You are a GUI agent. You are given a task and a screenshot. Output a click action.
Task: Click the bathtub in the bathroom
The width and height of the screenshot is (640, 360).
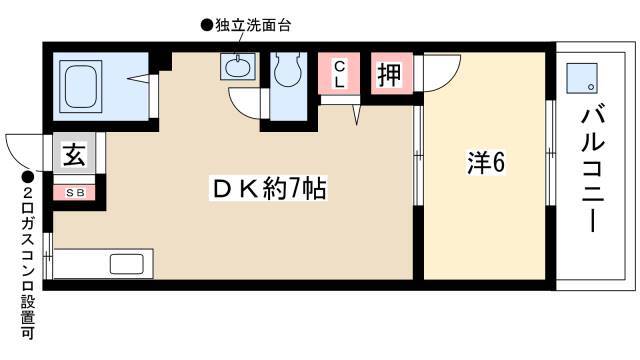click(80, 86)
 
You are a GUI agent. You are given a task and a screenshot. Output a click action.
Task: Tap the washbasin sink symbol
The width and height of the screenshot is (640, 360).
click(238, 67)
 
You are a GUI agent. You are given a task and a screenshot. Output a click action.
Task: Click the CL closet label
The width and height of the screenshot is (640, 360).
click(339, 74)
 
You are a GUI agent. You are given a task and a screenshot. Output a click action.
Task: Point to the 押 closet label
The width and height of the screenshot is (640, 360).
click(390, 74)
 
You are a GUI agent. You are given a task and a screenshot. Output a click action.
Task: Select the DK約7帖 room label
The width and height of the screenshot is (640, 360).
click(269, 188)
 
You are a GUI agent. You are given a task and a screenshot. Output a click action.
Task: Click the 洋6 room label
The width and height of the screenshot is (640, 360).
click(486, 162)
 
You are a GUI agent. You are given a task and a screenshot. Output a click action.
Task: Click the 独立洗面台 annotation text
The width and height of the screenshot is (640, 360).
click(253, 26)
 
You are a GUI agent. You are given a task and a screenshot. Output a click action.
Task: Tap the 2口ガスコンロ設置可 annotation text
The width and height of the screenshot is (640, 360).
click(28, 262)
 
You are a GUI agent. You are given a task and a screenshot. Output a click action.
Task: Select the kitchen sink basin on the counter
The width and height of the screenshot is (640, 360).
click(127, 264)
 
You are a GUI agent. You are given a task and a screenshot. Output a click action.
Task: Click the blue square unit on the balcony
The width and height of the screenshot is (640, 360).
click(582, 78)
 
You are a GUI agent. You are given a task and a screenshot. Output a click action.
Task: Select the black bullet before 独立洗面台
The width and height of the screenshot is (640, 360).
click(206, 26)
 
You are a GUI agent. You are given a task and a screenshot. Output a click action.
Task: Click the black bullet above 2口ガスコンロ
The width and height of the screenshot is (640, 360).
click(28, 177)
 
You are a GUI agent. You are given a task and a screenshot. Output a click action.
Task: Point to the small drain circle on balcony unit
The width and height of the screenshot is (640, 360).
click(590, 87)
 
